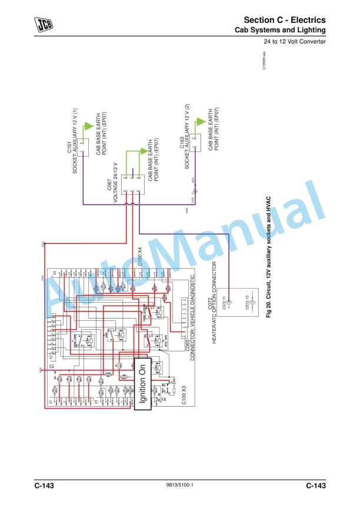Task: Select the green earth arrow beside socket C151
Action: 88,125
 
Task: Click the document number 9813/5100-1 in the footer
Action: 181,486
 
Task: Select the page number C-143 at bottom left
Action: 44,486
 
